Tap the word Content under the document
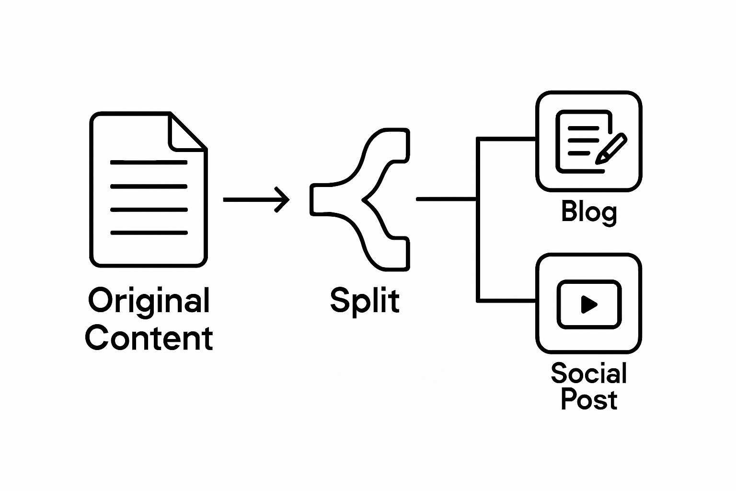click(x=149, y=338)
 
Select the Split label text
click(x=365, y=301)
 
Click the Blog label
click(x=589, y=212)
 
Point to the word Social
click(x=589, y=373)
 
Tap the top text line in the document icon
click(x=149, y=163)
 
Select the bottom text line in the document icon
click(x=149, y=233)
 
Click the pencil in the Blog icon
click(x=611, y=150)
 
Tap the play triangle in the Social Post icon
click(x=588, y=304)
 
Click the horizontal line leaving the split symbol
click(x=446, y=199)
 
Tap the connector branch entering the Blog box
click(x=507, y=139)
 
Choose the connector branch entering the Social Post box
click(x=507, y=301)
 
